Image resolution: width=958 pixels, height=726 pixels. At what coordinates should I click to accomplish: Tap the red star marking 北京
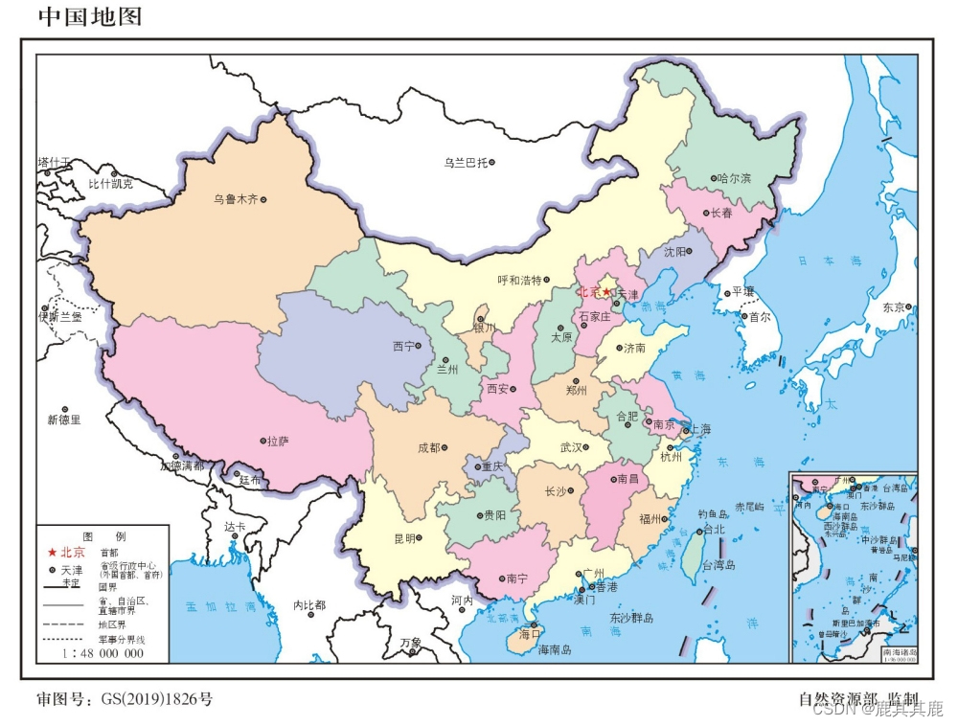pyautogui.click(x=605, y=292)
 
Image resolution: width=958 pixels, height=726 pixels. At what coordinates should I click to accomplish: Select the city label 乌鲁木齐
pyautogui.click(x=236, y=200)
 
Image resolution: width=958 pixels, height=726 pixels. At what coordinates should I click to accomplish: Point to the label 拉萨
pyautogui.click(x=278, y=441)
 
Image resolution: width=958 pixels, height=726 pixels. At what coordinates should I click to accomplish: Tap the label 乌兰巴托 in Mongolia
pyautogui.click(x=465, y=163)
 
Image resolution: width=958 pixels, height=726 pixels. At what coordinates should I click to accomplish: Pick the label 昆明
pyautogui.click(x=404, y=538)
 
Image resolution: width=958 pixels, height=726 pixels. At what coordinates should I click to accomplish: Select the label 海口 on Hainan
pyautogui.click(x=530, y=633)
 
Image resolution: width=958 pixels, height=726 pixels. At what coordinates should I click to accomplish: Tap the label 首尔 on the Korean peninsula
pyautogui.click(x=759, y=316)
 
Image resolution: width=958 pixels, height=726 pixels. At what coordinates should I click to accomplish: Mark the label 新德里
pyautogui.click(x=64, y=420)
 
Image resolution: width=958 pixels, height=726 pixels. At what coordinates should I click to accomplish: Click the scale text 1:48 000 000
pyautogui.click(x=103, y=653)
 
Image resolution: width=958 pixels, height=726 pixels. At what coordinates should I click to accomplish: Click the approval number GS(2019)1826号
pyautogui.click(x=156, y=699)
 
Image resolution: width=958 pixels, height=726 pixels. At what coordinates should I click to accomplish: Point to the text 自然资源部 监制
pyautogui.click(x=858, y=699)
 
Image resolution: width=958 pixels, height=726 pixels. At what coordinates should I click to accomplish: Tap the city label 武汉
pyautogui.click(x=572, y=446)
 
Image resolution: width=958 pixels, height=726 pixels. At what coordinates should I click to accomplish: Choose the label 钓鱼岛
pyautogui.click(x=713, y=514)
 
